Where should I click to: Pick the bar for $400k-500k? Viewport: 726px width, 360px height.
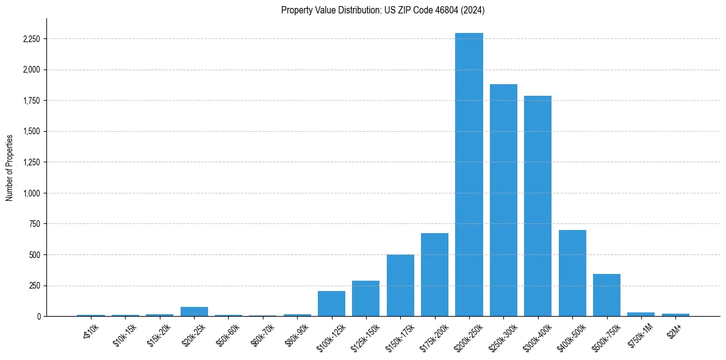pos(572,273)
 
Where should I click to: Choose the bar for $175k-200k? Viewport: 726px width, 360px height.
pos(434,275)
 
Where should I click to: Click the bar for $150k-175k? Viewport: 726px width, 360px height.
pos(400,286)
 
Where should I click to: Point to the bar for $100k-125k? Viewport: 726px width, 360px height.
pos(331,304)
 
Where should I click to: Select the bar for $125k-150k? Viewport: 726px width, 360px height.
pos(365,298)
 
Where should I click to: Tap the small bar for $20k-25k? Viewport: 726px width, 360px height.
pos(194,312)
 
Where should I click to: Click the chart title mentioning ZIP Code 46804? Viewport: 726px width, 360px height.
pos(383,10)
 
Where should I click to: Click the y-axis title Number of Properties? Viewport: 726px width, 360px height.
pos(10,167)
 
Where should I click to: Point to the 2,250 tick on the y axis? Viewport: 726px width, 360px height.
pos(31,39)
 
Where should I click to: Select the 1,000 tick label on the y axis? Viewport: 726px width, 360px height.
pos(31,193)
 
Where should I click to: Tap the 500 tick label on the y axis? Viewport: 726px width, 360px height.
pos(34,255)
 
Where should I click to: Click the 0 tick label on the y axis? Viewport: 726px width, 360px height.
pos(38,317)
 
